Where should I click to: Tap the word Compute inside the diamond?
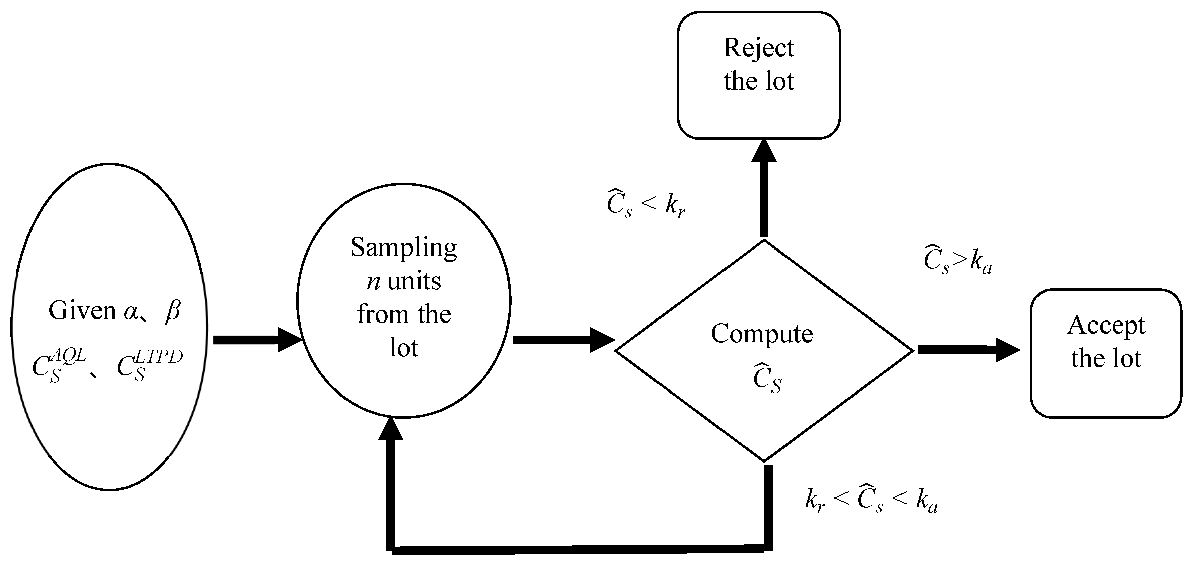(x=762, y=334)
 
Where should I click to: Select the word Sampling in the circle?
(x=403, y=248)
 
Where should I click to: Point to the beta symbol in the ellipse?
(x=172, y=311)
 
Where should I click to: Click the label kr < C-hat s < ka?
(x=871, y=501)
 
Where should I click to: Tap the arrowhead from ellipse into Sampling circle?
(x=290, y=340)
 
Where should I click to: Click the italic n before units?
(x=373, y=282)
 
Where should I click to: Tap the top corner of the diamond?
(x=764, y=240)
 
